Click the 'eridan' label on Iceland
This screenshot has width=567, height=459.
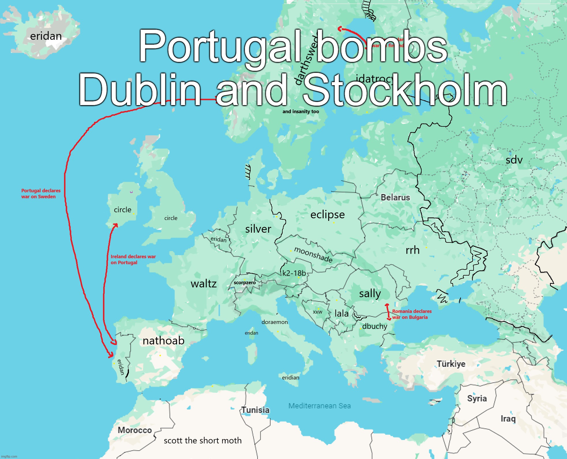pyautogui.click(x=46, y=36)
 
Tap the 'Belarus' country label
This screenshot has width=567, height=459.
pyautogui.click(x=395, y=198)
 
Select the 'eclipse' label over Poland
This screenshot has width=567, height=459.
pyautogui.click(x=327, y=215)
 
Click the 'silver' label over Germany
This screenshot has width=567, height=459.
pyautogui.click(x=258, y=229)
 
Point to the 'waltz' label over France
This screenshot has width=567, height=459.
pyautogui.click(x=204, y=284)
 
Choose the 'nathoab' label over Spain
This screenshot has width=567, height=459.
pyautogui.click(x=164, y=341)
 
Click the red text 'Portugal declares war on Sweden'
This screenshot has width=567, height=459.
pyautogui.click(x=41, y=194)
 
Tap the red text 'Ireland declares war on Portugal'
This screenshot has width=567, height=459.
pyautogui.click(x=133, y=259)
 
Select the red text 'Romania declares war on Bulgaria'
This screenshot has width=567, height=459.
pyautogui.click(x=412, y=314)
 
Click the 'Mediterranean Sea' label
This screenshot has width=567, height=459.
pyautogui.click(x=320, y=406)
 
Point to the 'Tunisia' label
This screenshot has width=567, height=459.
pyautogui.click(x=255, y=410)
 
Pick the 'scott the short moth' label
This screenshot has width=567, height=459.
pyautogui.click(x=202, y=441)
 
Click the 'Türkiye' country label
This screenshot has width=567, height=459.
pyautogui.click(x=451, y=364)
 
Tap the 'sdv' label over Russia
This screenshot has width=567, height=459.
pyautogui.click(x=514, y=160)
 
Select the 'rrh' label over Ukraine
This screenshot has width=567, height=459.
pyautogui.click(x=412, y=250)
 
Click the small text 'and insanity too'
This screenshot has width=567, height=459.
pyautogui.click(x=301, y=111)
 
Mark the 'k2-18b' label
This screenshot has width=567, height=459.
pyautogui.click(x=294, y=273)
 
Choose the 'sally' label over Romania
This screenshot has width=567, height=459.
pyautogui.click(x=370, y=294)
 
